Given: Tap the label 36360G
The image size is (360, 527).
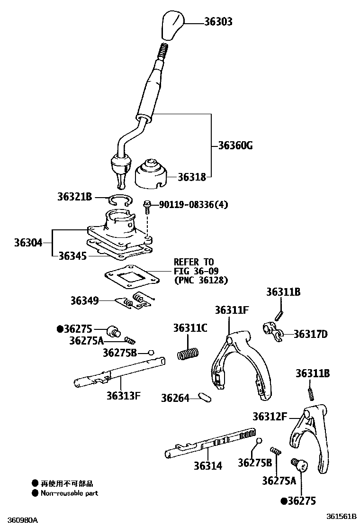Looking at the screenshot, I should pyautogui.click(x=235, y=145).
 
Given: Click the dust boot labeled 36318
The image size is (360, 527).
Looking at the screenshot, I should pyautogui.click(x=150, y=174).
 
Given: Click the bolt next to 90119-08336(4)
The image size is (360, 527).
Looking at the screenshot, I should pyautogui.click(x=148, y=207).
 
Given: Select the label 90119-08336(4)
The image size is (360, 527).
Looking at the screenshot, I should pyautogui.click(x=193, y=205).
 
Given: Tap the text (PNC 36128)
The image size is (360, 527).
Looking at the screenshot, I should pyautogui.click(x=201, y=280).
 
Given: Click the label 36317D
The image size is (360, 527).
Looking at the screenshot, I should pyautogui.click(x=310, y=334).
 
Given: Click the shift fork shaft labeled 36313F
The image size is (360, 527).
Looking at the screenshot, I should pyautogui.click(x=118, y=371).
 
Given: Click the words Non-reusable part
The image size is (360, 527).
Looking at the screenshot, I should pyautogui.click(x=70, y=493).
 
